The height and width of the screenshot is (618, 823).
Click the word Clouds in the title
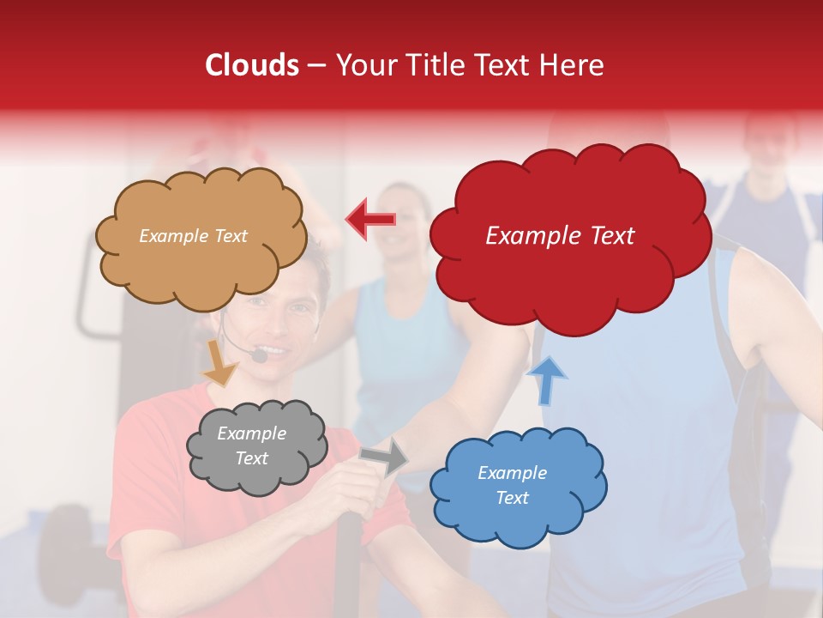tap(252, 65)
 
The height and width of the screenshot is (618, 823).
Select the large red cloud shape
tap(569, 236)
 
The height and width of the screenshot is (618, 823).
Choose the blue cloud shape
tap(518, 486)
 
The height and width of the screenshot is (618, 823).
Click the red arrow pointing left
tap(370, 219)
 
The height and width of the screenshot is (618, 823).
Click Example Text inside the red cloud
tap(560, 236)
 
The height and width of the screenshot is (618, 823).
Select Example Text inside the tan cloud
tap(193, 236)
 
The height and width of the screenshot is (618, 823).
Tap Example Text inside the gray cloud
tap(252, 446)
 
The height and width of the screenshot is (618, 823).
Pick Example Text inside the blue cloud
tap(512, 486)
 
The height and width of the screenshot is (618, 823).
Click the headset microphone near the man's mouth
tap(259, 354)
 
